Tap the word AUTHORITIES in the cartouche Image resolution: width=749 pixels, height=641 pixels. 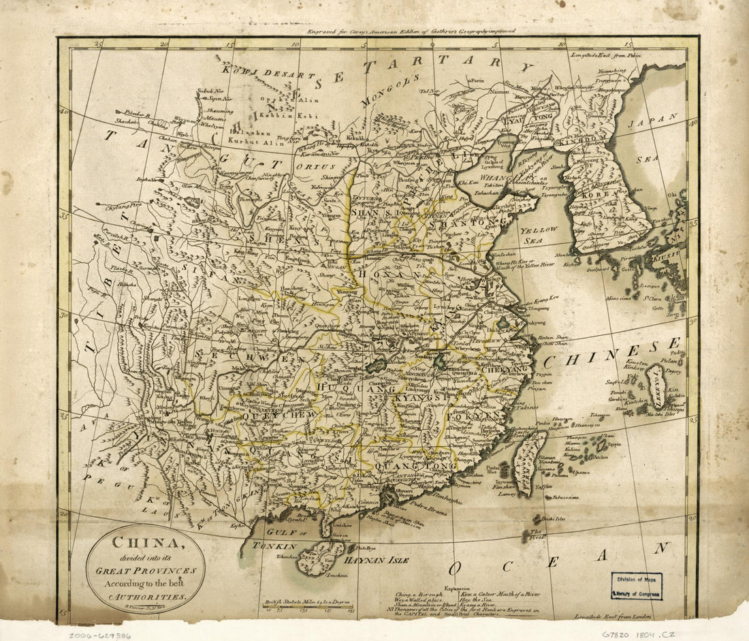click(147, 596)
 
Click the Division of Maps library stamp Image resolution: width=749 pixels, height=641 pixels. click(637, 585)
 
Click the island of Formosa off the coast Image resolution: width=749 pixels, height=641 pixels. click(530, 461)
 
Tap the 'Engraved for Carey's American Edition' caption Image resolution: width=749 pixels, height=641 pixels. click(411, 31)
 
